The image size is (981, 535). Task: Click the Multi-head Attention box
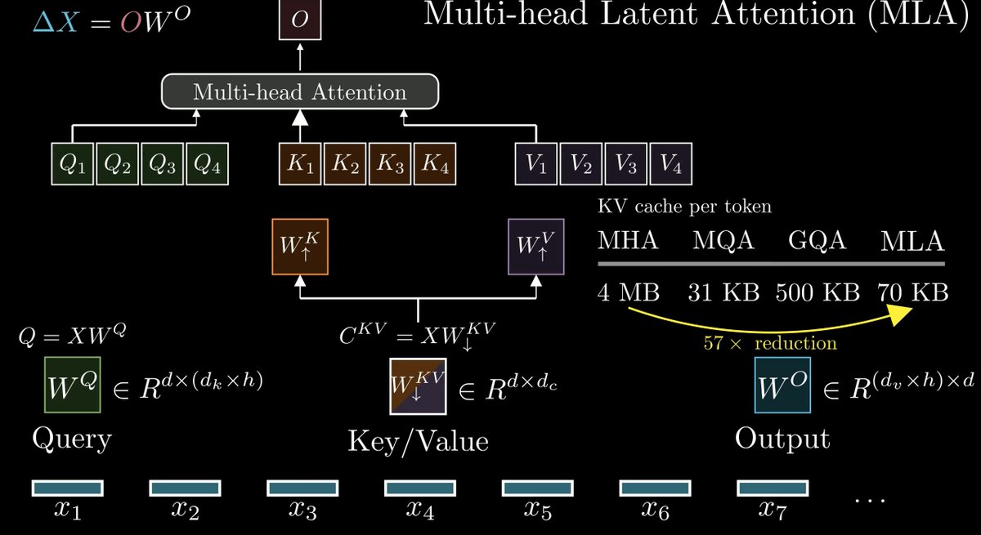[300, 91]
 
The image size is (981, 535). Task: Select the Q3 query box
[163, 163]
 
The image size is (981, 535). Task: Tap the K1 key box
[300, 163]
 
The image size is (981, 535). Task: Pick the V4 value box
[671, 163]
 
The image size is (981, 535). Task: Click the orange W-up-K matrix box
[300, 247]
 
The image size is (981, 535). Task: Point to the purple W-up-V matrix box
[536, 247]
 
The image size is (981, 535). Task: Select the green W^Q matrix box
[73, 385]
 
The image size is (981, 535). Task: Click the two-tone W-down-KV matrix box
[419, 386]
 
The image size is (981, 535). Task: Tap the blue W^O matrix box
[782, 385]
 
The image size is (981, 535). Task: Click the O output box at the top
[300, 20]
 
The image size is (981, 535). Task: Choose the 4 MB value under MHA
[629, 292]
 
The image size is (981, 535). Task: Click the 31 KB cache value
[723, 292]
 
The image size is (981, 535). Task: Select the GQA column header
[817, 241]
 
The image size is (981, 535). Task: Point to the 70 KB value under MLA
[913, 292]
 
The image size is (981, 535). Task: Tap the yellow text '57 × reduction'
[770, 342]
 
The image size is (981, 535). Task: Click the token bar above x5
[537, 488]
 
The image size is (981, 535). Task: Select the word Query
[72, 439]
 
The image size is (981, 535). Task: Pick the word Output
[782, 439]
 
